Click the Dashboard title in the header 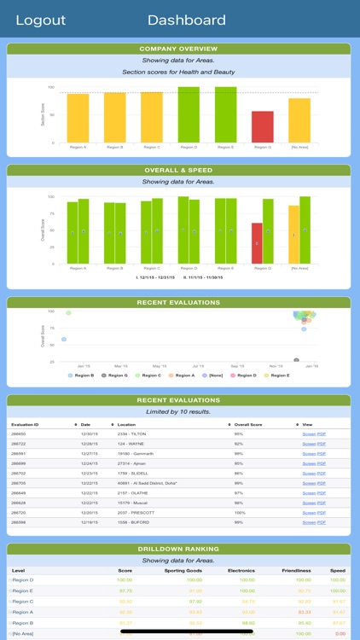(187, 20)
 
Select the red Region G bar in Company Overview (263, 126)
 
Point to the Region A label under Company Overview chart (78, 147)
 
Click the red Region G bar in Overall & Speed (257, 243)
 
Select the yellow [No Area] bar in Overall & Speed (293, 234)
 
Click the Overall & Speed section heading (179, 170)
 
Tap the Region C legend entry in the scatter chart (149, 375)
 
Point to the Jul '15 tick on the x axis (197, 365)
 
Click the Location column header (127, 424)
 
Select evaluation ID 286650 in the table (19, 433)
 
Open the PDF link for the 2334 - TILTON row (322, 433)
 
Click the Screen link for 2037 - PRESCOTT (309, 513)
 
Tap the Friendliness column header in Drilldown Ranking (296, 570)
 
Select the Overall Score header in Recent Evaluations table (249, 424)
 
